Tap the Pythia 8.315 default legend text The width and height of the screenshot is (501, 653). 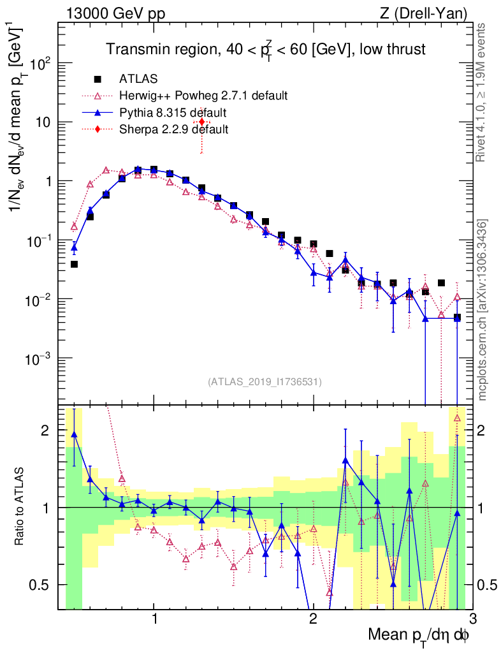pos(173,113)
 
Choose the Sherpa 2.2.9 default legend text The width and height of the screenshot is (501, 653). pos(173,129)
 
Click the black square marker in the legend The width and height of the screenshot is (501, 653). pos(98,79)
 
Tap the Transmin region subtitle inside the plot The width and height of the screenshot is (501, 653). pos(265,49)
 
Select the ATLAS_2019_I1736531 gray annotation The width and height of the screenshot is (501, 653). pos(265,382)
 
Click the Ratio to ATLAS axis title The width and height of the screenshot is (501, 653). pos(20,507)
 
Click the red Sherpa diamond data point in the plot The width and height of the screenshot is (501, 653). pos(201,122)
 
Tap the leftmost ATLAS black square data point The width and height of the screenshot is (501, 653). pos(75,264)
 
